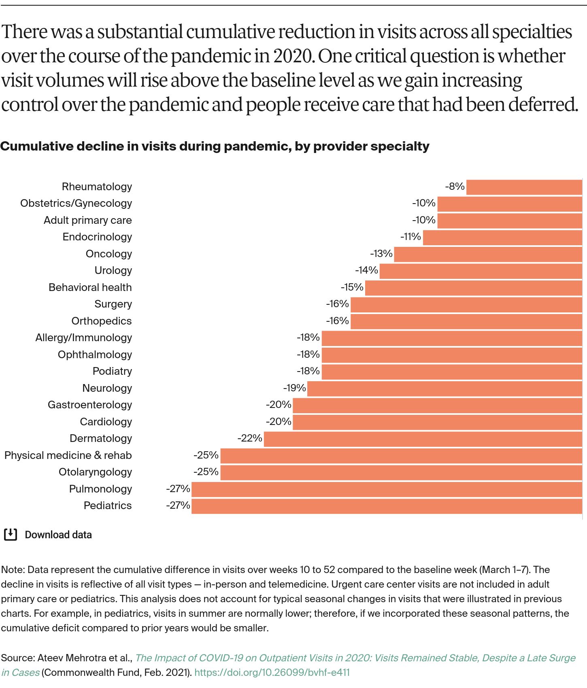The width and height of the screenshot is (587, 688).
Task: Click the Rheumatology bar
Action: [524, 187]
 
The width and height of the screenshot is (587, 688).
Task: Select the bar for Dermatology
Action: [423, 439]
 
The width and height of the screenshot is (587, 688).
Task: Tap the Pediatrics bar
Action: [387, 506]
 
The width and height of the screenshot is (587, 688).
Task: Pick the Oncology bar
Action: [488, 254]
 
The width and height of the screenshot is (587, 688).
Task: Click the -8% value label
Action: [455, 187]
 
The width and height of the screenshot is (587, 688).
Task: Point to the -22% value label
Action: [250, 438]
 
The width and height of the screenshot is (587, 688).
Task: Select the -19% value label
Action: [294, 388]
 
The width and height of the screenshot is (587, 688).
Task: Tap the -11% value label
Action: [410, 237]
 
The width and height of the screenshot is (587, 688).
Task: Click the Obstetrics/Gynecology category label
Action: [76, 203]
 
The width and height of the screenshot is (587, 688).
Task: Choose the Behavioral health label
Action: [90, 287]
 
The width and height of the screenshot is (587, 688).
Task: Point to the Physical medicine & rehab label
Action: [68, 455]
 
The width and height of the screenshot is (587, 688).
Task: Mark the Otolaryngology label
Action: [95, 472]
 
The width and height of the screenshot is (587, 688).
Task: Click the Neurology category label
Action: [107, 388]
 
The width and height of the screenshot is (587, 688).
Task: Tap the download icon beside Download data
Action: [11, 535]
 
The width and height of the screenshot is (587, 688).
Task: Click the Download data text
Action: [58, 535]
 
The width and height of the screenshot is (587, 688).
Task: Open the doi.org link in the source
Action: [272, 672]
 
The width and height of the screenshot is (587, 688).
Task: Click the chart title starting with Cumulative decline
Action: [215, 146]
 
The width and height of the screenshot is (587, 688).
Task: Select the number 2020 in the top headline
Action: [293, 56]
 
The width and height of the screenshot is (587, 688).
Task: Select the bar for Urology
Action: [481, 271]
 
